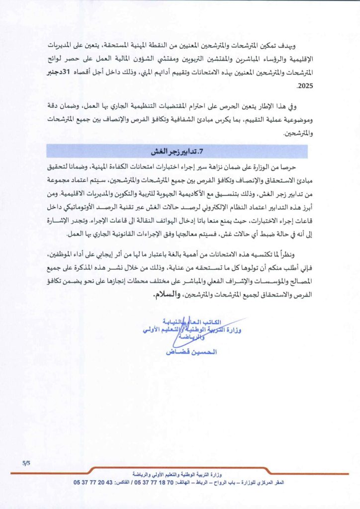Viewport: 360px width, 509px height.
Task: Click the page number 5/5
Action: pos(26,463)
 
